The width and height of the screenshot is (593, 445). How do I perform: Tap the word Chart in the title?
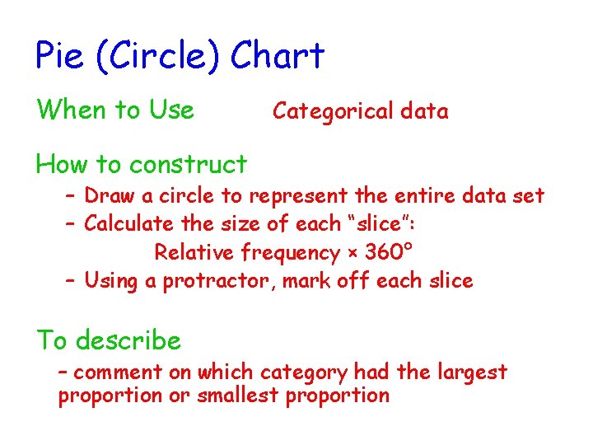pyautogui.click(x=278, y=56)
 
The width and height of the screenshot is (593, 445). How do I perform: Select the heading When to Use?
pyautogui.click(x=115, y=110)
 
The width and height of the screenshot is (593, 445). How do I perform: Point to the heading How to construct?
pyautogui.click(x=141, y=165)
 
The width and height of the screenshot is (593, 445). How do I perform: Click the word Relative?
pyautogui.click(x=195, y=251)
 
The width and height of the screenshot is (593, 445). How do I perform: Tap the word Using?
pyautogui.click(x=111, y=281)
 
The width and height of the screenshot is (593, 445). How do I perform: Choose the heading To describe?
pyautogui.click(x=108, y=340)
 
